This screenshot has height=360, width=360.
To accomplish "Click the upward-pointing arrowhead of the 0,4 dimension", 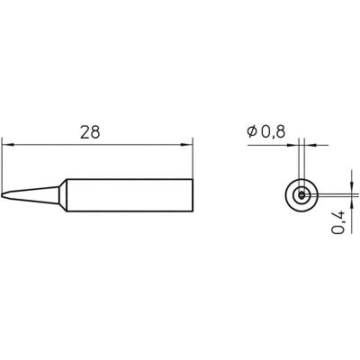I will (x=346, y=200).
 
